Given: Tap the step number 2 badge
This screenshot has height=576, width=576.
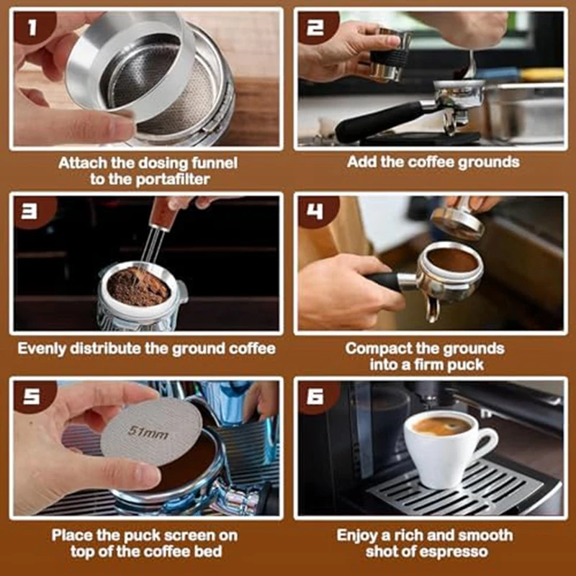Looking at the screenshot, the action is (x=317, y=27).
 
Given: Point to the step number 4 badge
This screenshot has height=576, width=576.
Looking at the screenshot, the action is (x=317, y=212).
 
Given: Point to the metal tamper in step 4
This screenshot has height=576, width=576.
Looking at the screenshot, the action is (x=457, y=220).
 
